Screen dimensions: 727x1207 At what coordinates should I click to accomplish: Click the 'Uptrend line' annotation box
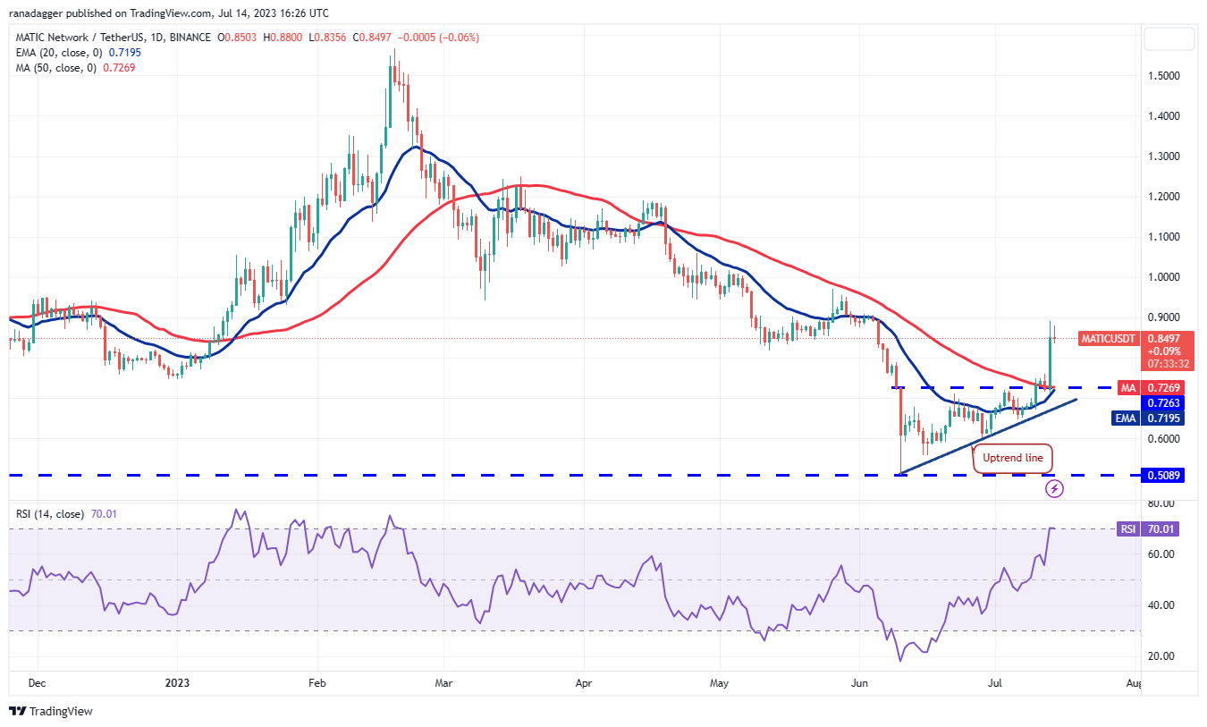[x=1012, y=458]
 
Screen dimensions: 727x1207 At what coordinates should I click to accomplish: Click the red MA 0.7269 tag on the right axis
[x=1162, y=388]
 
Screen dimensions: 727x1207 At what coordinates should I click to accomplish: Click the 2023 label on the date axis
[x=177, y=683]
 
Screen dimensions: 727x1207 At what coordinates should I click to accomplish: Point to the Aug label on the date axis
[x=1133, y=683]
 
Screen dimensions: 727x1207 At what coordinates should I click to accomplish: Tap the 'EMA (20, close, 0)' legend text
[x=58, y=53]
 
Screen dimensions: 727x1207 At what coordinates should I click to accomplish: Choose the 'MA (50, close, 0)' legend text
[x=55, y=67]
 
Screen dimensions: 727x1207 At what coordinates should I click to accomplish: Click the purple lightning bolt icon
[x=1055, y=488]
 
